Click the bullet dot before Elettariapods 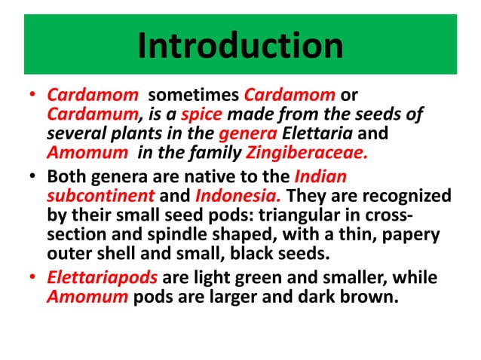coord(31,279)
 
